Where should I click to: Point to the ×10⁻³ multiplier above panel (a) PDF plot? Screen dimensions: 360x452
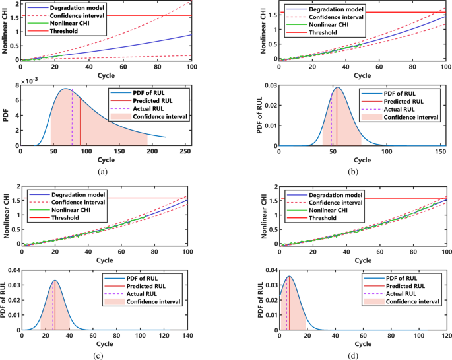[x=30, y=81]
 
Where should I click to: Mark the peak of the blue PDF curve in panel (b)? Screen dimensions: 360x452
[x=338, y=87]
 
